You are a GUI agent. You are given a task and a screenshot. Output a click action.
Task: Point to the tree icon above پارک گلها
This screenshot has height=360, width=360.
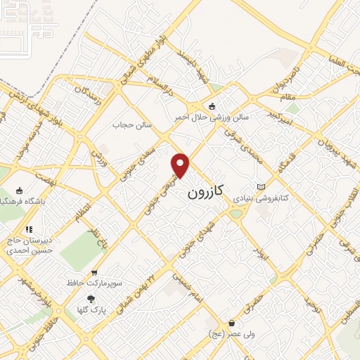[x=90, y=297]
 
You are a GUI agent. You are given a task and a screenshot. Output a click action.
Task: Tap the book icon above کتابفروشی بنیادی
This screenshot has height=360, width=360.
[x=262, y=186]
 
